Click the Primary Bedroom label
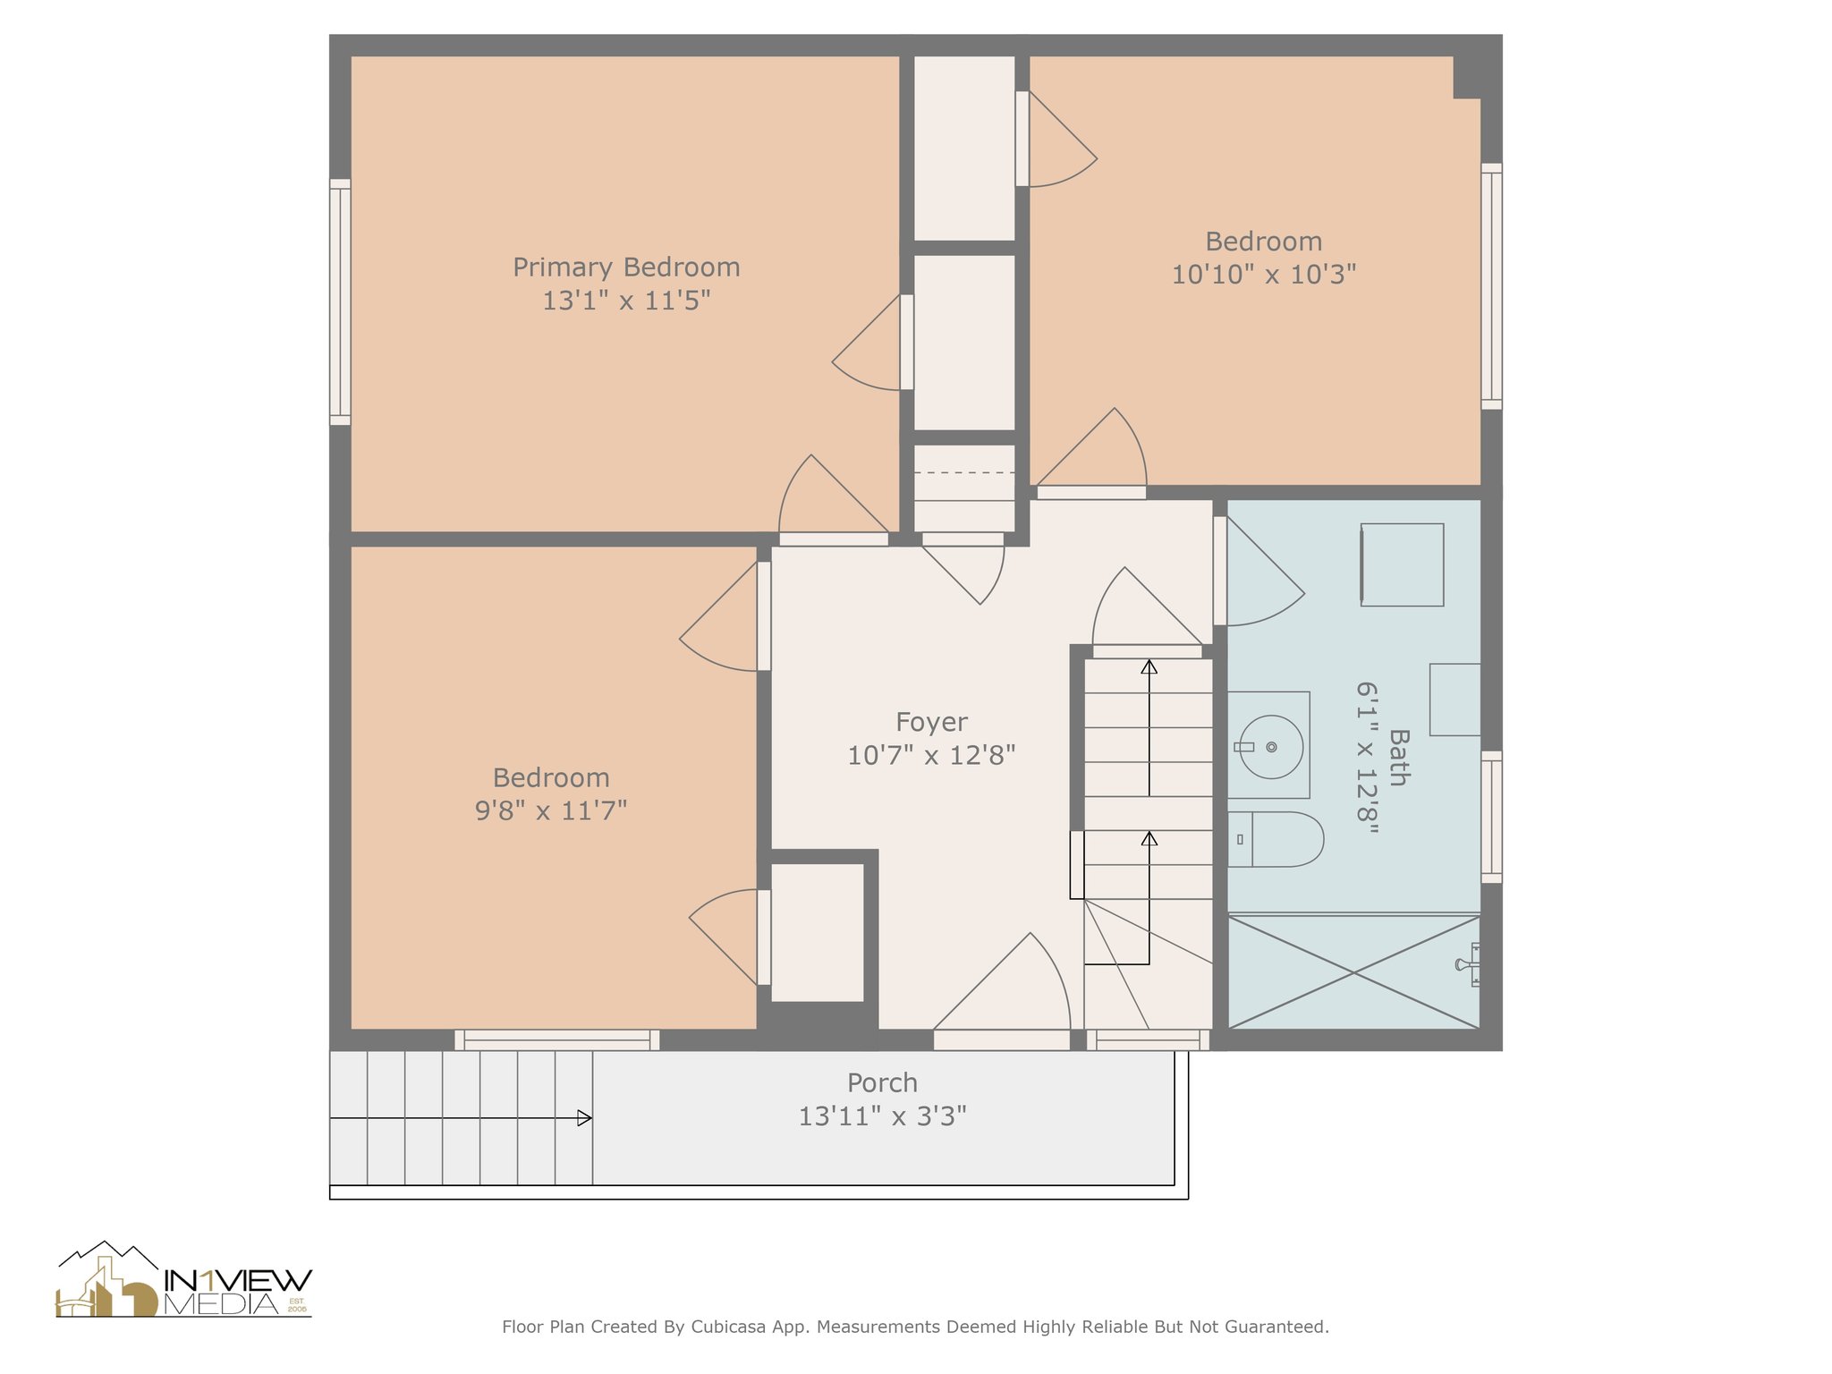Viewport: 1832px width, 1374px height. [x=626, y=267]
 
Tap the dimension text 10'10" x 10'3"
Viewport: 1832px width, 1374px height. [x=1263, y=275]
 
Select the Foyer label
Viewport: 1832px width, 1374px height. [x=931, y=722]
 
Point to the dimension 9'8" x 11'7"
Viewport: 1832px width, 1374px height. [x=550, y=810]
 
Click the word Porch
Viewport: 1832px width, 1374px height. [x=882, y=1083]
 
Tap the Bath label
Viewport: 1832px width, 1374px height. [x=1398, y=758]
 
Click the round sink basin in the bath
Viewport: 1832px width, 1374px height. [x=1271, y=747]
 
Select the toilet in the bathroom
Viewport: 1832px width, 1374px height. [x=1277, y=839]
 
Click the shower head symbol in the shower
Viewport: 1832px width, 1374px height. [x=1467, y=964]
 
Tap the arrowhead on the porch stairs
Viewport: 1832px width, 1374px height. [x=584, y=1118]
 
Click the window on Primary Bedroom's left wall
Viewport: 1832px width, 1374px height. [x=340, y=301]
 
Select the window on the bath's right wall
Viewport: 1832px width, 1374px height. [x=1491, y=817]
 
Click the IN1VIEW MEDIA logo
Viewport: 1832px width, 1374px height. [x=183, y=1281]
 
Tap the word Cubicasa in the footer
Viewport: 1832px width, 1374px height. [x=727, y=1327]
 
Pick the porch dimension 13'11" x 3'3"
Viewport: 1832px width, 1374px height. [x=882, y=1116]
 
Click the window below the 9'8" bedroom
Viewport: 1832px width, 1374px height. [x=556, y=1039]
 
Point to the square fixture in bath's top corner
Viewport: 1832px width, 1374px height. [x=1402, y=564]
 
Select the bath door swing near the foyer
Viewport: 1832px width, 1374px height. [x=1257, y=572]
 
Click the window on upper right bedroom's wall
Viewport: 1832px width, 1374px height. [x=1491, y=286]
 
